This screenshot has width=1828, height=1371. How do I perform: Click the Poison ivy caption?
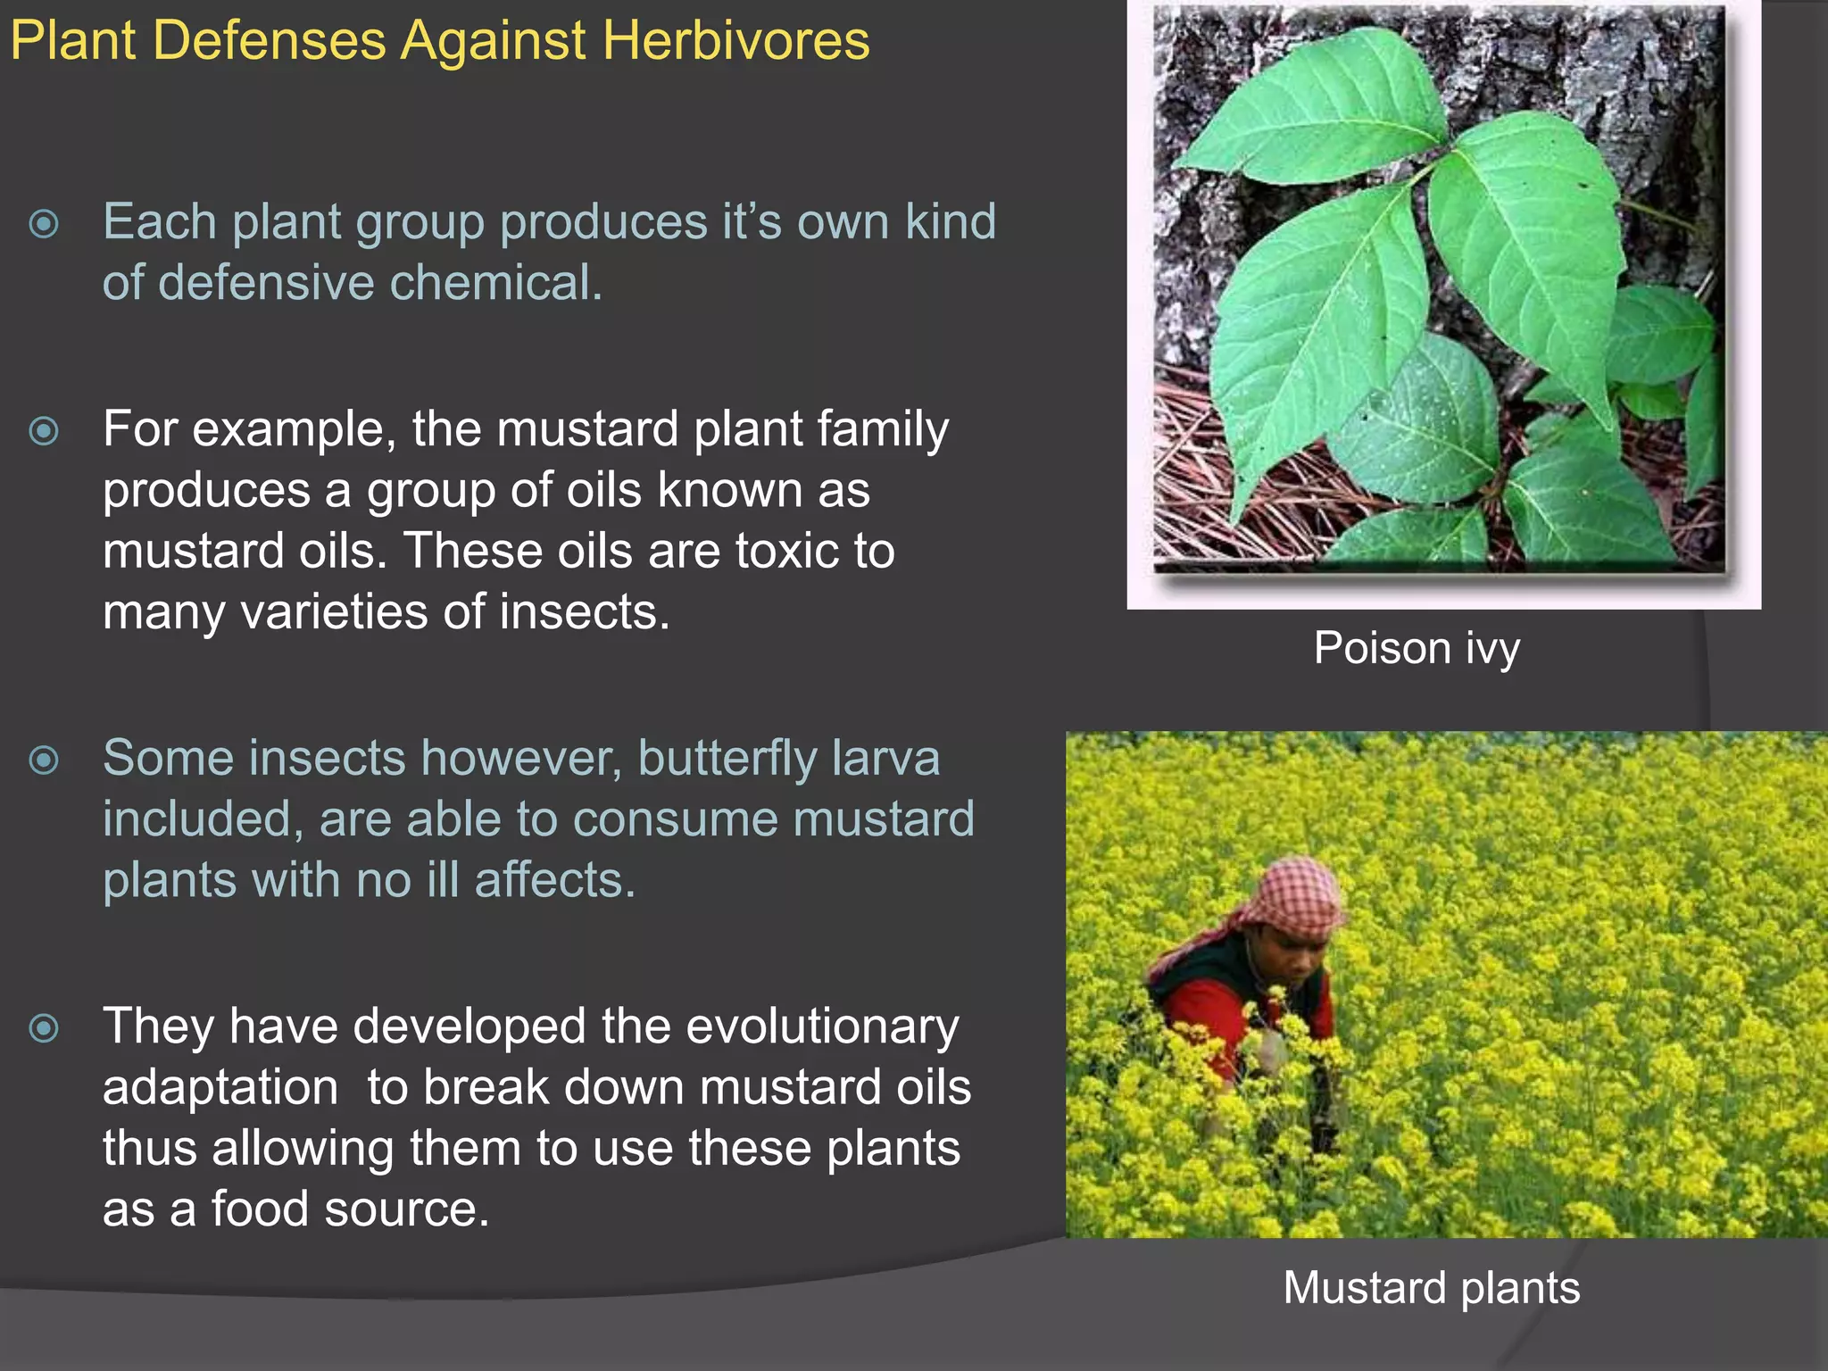(x=1417, y=649)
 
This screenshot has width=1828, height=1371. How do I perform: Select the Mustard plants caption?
(x=1431, y=1288)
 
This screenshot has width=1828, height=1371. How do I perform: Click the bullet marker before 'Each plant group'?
(x=44, y=223)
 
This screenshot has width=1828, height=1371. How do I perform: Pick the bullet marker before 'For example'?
(x=44, y=431)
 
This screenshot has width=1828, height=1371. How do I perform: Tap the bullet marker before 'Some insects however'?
(x=44, y=760)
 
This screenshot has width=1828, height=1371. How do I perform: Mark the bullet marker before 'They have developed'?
(x=44, y=1028)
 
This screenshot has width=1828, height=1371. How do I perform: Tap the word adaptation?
(x=220, y=1087)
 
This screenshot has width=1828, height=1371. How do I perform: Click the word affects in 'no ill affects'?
(x=553, y=880)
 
